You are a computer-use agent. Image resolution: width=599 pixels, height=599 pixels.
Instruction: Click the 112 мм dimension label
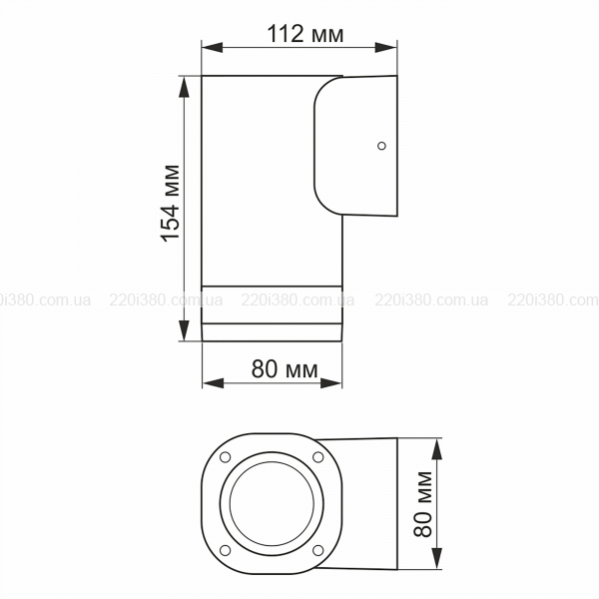point(305,34)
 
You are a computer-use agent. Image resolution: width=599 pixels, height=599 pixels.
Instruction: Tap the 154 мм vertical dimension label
point(171,204)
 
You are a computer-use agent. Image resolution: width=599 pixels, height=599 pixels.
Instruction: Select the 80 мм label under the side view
point(285,369)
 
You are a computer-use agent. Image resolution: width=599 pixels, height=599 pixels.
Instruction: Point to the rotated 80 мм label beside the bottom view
point(423,504)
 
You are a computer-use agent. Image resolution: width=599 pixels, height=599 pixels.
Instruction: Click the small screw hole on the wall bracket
point(381,146)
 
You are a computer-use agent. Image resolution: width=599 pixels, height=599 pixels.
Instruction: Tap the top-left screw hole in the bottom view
point(226,457)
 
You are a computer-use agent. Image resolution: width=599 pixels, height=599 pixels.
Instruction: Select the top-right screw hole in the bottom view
point(317,457)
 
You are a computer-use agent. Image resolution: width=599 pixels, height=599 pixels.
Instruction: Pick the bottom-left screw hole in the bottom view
point(226,550)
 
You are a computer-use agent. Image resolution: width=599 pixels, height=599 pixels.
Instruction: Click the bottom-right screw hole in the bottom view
point(317,550)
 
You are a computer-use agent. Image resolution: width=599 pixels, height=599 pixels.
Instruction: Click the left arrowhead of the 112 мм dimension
point(212,47)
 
